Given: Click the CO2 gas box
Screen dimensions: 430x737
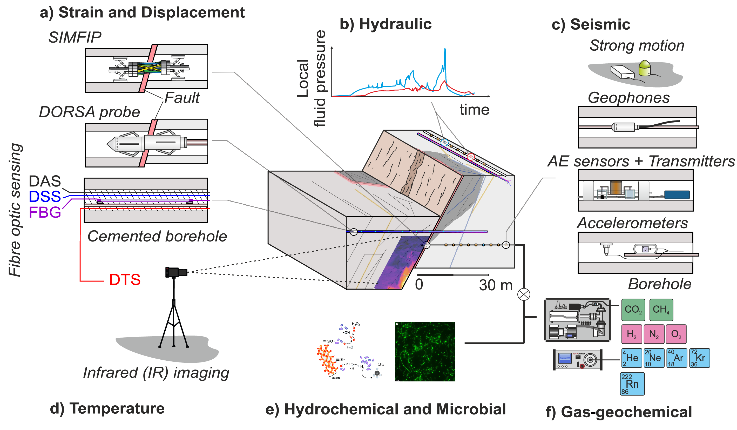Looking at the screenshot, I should click(633, 310).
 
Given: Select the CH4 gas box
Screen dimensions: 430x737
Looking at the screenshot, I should click(661, 310).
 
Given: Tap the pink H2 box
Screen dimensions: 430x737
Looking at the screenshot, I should click(632, 334).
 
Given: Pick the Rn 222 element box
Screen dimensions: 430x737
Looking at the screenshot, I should click(632, 384).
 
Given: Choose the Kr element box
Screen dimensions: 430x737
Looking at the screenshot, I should click(699, 358).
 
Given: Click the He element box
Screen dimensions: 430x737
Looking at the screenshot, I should click(632, 358).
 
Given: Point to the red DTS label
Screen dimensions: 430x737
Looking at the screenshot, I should click(125, 280).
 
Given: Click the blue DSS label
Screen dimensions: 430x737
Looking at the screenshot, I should click(45, 197).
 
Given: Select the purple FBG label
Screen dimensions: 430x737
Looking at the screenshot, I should click(45, 212).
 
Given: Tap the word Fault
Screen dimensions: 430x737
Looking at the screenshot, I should click(182, 98).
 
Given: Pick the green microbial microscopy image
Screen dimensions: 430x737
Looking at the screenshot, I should click(425, 351).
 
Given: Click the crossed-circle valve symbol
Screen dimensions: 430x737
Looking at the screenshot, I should click(524, 294).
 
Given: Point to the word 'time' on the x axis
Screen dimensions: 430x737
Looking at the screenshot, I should click(474, 110).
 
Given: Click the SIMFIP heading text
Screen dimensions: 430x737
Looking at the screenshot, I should click(75, 37).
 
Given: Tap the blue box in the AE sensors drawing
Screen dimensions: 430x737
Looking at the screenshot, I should click(677, 194).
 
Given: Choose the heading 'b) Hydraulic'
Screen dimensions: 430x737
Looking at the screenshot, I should click(386, 24).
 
